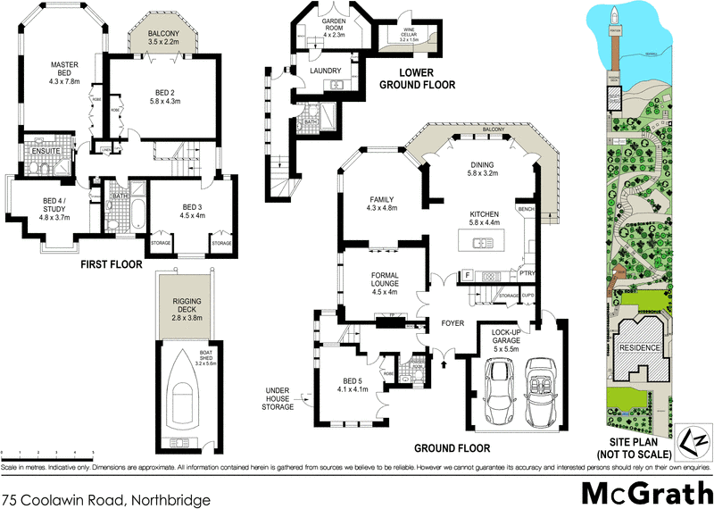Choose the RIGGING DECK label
point(187,309)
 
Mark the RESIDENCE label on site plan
point(640,346)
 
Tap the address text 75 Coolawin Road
point(107,501)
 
